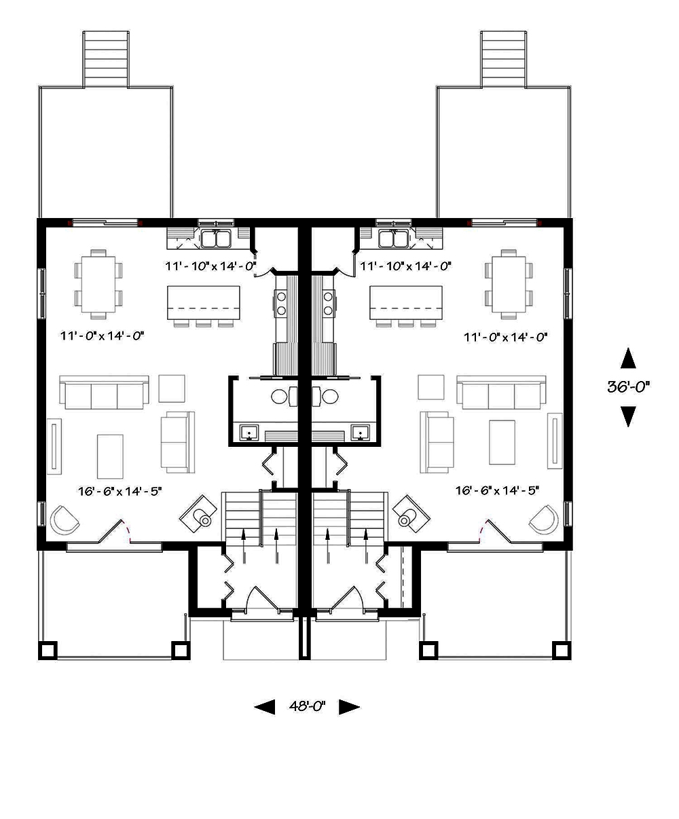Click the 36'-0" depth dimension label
tap(629, 387)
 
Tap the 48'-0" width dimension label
tap(307, 707)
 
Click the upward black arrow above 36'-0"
tap(629, 359)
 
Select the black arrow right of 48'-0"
tap(348, 707)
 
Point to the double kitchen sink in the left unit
tap(216, 239)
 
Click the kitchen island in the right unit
tap(405, 302)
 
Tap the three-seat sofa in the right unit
tap(501, 394)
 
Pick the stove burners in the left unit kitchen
tap(281, 302)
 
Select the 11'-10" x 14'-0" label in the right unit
tap(405, 266)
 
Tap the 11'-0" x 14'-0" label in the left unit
tap(103, 335)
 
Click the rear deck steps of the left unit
tap(105, 58)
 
